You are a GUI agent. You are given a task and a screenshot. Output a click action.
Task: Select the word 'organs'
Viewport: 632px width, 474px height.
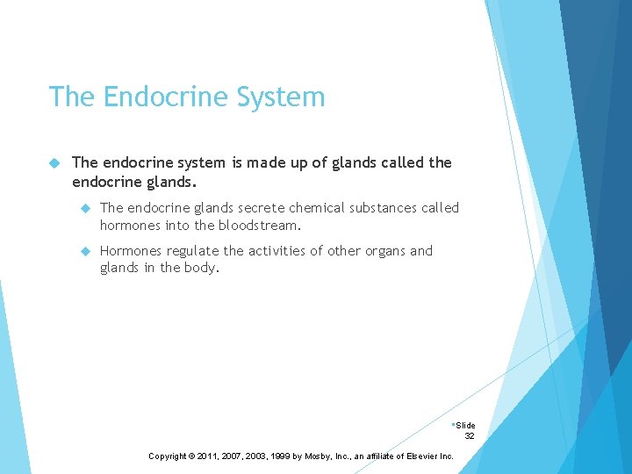(x=378, y=251)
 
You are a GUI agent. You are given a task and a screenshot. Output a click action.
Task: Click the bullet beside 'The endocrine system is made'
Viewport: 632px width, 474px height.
(x=54, y=162)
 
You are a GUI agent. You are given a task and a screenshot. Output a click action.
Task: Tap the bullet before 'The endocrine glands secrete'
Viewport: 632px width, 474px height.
(x=85, y=208)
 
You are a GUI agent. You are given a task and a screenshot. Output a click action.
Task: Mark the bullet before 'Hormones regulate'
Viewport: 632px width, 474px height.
(x=85, y=251)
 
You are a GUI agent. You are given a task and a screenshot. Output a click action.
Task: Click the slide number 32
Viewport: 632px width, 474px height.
(x=470, y=435)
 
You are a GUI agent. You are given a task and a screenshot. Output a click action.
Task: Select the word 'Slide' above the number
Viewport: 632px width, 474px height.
(x=465, y=425)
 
